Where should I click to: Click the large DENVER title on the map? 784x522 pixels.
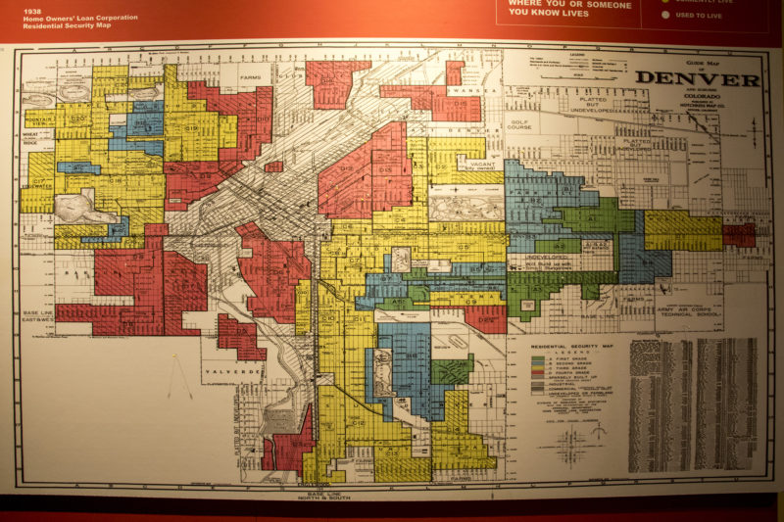pos(697,79)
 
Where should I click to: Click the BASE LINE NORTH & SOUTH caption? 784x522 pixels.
pos(318,492)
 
